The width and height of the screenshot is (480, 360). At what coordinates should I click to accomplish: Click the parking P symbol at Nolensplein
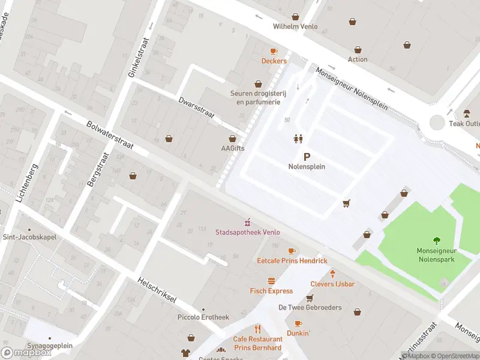coord(307,156)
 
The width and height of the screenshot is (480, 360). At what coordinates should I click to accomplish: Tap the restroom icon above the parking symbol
coord(298,139)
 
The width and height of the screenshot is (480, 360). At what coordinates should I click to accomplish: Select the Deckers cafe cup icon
coord(274,52)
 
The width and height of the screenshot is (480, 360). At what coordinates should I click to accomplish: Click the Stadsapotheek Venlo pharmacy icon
coord(247,223)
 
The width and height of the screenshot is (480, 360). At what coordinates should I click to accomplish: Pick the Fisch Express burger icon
coord(272,281)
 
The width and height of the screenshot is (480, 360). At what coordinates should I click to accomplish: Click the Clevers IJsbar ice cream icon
coord(332,274)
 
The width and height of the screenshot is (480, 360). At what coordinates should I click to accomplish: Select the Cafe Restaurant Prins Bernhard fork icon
coord(258,329)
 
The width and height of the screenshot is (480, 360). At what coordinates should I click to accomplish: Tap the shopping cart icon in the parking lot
coord(346,204)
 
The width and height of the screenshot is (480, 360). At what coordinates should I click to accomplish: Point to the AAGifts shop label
coord(233,148)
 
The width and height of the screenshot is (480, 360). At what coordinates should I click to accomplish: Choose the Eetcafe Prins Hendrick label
coord(292,260)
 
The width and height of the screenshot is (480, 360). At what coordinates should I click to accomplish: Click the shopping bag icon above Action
coord(358,50)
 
